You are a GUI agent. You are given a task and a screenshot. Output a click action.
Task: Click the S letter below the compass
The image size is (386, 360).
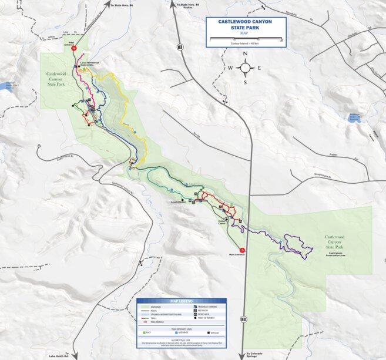pyautogui.click(x=245, y=82)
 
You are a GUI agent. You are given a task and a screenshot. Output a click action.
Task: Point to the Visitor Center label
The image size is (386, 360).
pyautogui.click(x=222, y=223)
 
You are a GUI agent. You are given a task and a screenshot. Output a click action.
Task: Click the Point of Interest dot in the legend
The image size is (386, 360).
pyautogui.click(x=194, y=319)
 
